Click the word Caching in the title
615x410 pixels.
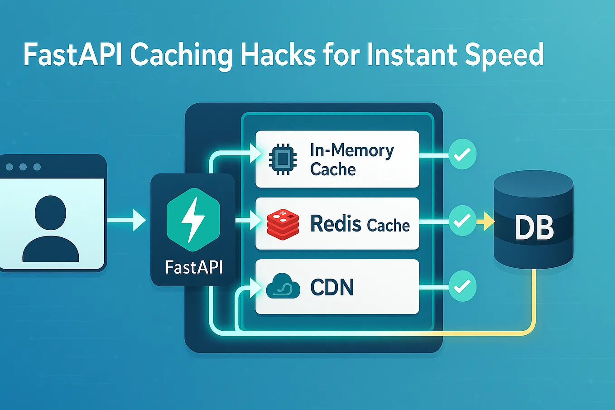(181, 55)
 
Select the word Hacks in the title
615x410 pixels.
(278, 55)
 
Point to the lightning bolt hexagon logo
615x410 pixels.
(193, 220)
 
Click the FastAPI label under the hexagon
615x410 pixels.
(194, 267)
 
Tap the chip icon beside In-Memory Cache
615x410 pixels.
(283, 159)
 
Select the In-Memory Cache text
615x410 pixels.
(351, 159)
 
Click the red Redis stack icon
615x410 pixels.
(283, 224)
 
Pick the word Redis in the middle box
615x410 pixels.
(336, 224)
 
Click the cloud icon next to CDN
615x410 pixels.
(283, 286)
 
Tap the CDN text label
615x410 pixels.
(332, 287)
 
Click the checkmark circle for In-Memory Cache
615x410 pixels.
(462, 155)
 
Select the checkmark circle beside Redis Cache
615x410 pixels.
(462, 221)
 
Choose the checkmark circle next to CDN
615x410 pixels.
(462, 286)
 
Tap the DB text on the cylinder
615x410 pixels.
(534, 228)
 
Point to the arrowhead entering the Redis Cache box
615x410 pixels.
(256, 221)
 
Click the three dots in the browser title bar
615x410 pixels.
(23, 167)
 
